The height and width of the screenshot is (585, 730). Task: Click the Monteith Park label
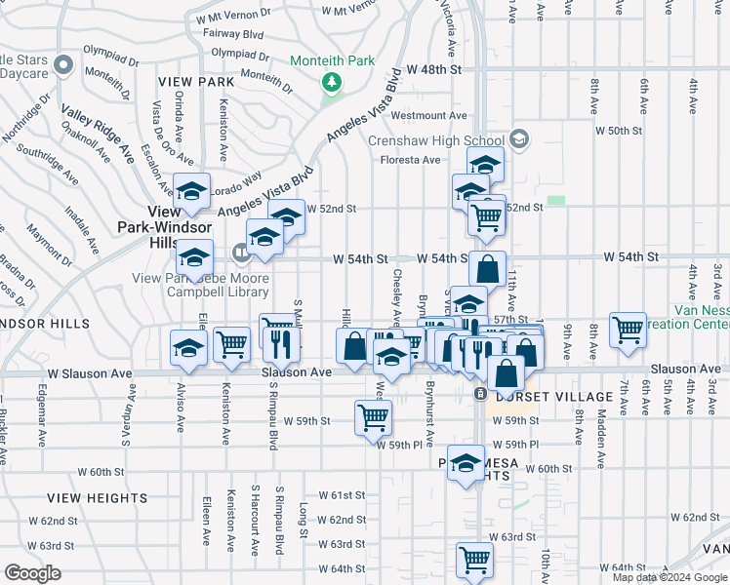(x=332, y=60)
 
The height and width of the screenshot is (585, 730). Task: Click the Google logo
(x=32, y=572)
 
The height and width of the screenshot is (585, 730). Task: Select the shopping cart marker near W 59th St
(x=373, y=417)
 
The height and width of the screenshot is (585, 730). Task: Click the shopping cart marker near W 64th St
(x=473, y=561)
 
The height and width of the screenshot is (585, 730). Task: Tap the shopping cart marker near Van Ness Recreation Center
(x=628, y=329)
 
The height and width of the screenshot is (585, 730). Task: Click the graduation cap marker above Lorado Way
(x=191, y=191)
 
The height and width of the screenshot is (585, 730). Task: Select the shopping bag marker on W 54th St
(x=487, y=268)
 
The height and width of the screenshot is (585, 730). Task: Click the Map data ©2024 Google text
(x=669, y=577)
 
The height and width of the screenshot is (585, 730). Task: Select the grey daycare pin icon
(x=64, y=65)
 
